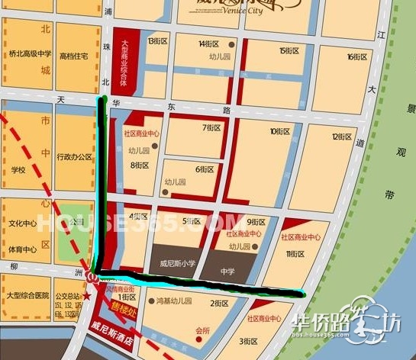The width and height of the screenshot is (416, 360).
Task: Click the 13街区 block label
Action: click(x=158, y=40)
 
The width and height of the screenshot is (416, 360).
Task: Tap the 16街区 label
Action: click(x=356, y=56)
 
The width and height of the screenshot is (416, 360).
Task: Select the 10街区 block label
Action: click(x=280, y=131)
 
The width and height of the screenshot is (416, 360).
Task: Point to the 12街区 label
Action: click(x=341, y=137)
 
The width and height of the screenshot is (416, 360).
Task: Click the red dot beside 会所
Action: click(x=198, y=341)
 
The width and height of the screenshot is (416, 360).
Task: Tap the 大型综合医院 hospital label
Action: click(x=27, y=295)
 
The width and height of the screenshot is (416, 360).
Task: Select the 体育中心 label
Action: click(x=23, y=249)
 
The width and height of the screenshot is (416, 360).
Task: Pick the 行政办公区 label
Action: click(x=74, y=157)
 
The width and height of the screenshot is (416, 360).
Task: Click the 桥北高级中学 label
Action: click(x=29, y=54)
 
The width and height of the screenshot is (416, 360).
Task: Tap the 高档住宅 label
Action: click(x=74, y=56)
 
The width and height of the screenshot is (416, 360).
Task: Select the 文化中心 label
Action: click(x=23, y=224)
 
